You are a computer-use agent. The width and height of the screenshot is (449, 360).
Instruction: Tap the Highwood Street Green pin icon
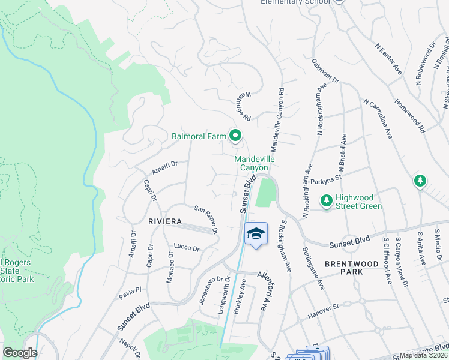327,200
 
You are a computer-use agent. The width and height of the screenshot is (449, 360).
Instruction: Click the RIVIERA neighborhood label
165,221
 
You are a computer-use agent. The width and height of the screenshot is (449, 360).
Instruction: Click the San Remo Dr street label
206,218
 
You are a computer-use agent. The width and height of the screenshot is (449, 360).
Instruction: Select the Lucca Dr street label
186,247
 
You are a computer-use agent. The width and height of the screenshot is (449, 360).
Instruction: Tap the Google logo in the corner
20,353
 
